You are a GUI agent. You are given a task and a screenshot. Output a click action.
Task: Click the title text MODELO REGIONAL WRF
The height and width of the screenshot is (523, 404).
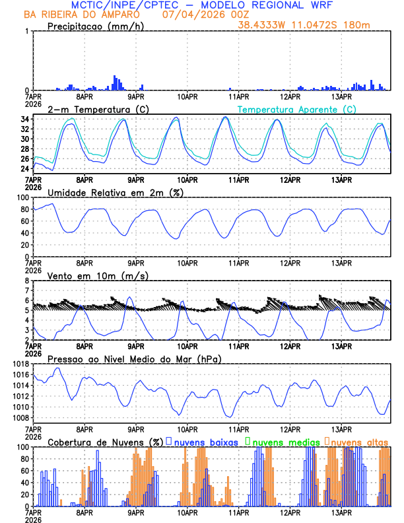point(276,5)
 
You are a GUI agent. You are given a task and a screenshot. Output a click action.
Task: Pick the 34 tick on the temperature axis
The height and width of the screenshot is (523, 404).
point(24,120)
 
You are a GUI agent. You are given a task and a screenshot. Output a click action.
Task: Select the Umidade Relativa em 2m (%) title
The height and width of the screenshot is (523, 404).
point(116,192)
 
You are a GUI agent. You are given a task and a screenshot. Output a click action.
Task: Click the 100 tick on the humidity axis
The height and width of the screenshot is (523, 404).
point(22,197)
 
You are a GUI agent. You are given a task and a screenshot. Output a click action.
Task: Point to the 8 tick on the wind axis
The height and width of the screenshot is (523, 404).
point(26,281)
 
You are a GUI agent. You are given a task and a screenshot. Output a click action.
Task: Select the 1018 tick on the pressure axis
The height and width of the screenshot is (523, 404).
point(20,364)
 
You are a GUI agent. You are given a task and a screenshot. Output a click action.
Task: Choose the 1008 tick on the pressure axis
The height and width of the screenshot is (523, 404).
point(20,417)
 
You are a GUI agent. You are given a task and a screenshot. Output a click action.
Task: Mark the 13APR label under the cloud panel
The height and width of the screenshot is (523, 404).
point(341,512)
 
